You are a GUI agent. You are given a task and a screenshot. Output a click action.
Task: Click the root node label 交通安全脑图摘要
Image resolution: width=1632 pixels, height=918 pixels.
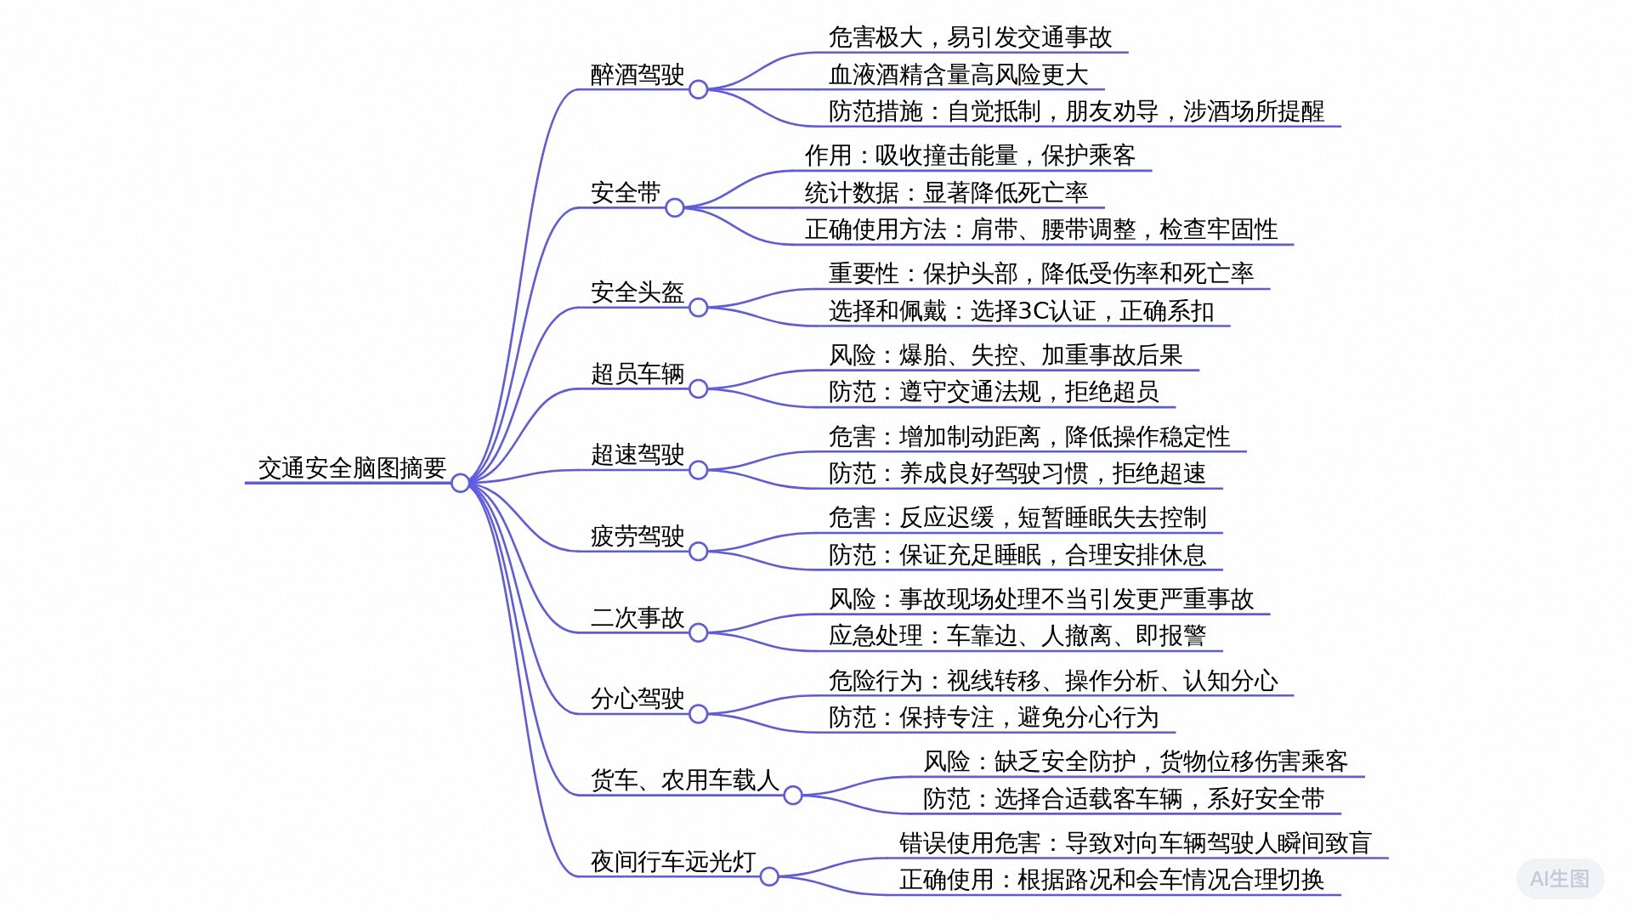(352, 467)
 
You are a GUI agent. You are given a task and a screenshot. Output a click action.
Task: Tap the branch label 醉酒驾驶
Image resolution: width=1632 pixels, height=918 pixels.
(637, 75)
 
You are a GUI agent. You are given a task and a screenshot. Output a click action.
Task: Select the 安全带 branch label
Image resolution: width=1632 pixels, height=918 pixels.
(626, 193)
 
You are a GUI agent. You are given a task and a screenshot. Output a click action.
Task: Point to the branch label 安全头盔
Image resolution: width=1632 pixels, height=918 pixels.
(637, 292)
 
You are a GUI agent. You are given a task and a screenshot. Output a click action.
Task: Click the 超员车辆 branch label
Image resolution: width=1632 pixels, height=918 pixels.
(637, 374)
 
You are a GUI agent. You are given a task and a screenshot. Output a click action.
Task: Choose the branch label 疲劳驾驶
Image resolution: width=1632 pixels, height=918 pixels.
(637, 536)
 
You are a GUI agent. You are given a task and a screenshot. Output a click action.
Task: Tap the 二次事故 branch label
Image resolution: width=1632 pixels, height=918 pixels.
(637, 618)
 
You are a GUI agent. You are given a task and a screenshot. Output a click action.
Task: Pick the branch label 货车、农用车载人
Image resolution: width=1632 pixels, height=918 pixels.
(685, 780)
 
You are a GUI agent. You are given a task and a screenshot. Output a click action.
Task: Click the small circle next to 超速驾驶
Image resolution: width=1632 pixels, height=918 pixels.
(698, 470)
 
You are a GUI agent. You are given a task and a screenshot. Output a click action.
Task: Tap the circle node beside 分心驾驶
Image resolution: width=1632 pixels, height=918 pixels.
(698, 714)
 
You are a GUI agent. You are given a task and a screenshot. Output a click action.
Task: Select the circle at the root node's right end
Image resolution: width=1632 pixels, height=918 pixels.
(460, 483)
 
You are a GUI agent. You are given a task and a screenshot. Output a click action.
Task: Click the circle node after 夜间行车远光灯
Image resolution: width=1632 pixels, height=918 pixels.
(769, 876)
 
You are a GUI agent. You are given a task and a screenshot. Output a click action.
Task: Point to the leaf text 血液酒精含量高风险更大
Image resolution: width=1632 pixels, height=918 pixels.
(958, 75)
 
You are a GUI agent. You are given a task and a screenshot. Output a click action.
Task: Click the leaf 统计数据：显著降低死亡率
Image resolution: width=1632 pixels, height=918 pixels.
(946, 193)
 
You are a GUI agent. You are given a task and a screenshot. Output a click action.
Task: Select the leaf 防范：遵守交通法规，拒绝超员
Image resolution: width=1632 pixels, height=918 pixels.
(994, 392)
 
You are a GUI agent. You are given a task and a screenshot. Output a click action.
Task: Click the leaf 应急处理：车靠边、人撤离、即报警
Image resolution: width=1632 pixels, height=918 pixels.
(1017, 636)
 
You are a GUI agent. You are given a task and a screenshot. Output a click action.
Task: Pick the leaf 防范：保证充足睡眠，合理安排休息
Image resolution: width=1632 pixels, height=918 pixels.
(1017, 555)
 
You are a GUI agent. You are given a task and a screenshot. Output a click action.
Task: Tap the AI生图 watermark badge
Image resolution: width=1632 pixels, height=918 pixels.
(1560, 879)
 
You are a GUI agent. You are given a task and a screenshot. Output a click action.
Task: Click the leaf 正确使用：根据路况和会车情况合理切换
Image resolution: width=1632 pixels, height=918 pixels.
(1112, 880)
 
